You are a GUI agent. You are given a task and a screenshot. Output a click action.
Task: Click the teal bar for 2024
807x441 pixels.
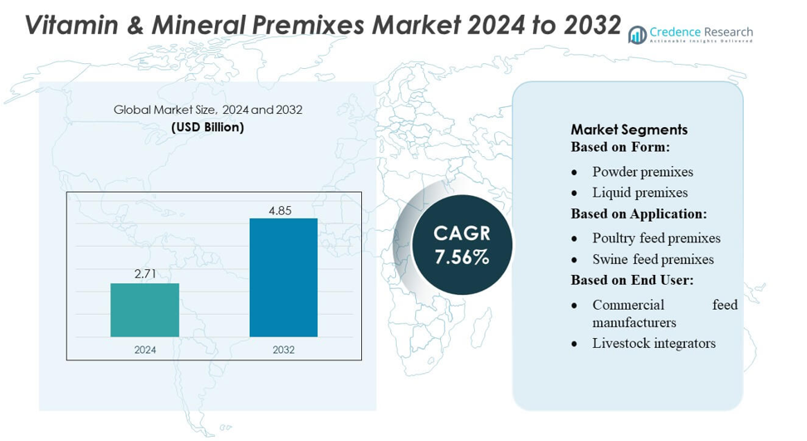click(144, 310)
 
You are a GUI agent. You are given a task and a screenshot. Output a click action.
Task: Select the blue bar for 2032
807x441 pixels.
click(283, 277)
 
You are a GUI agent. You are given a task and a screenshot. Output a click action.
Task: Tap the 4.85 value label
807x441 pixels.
click(280, 210)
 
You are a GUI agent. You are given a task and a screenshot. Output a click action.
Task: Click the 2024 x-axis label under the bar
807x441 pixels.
click(144, 350)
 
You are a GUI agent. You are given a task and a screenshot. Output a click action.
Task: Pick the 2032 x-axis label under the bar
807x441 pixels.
click(283, 350)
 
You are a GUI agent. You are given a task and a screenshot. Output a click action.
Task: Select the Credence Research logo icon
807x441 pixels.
click(637, 34)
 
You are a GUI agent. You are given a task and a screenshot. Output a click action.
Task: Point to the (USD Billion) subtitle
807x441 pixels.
click(208, 127)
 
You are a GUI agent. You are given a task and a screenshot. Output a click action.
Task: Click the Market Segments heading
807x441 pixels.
click(628, 130)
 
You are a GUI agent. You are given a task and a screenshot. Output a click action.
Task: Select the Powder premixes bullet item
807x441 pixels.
click(643, 172)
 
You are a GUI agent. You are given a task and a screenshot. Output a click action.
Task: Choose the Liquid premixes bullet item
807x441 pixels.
click(639, 193)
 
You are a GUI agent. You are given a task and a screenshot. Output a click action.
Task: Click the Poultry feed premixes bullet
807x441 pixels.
click(656, 238)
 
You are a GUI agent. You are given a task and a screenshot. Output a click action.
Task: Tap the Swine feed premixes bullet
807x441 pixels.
click(653, 259)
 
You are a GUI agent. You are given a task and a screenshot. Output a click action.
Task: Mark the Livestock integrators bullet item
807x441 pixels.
click(653, 343)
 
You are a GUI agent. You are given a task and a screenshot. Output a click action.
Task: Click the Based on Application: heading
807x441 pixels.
click(638, 214)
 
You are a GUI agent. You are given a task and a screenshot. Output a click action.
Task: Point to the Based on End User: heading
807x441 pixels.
click(632, 280)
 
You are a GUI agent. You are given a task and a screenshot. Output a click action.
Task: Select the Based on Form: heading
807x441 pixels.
click(620, 147)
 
